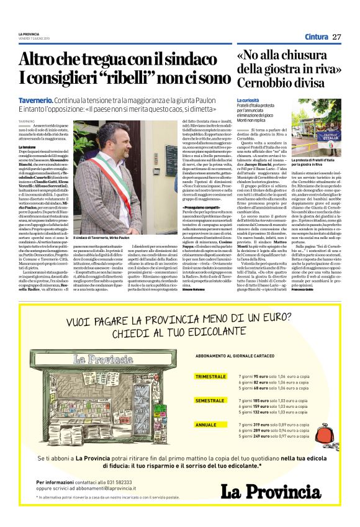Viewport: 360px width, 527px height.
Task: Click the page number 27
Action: [x=336, y=37]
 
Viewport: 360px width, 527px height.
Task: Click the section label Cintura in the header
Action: [x=316, y=37]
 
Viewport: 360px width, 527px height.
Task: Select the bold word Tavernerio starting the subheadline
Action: [x=35, y=101]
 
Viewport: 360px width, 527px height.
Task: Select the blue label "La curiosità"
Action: [x=248, y=100]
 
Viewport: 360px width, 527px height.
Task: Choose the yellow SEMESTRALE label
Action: [x=209, y=401]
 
